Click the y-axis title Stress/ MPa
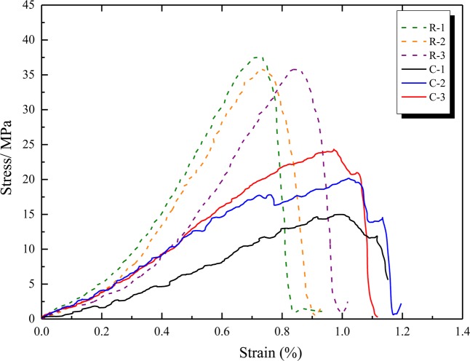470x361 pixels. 10,162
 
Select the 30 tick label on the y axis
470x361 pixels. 27,110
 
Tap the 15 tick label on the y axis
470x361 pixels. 27,214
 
